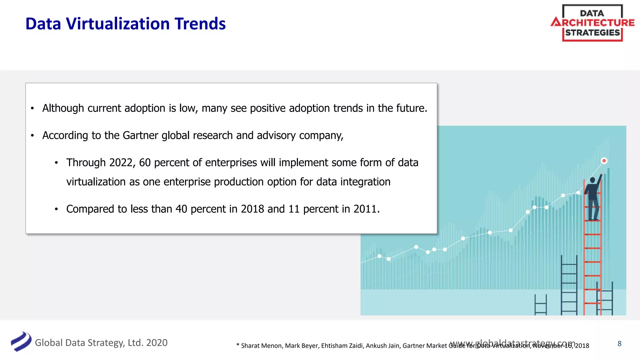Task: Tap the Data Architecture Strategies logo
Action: click(592, 23)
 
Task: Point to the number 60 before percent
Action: click(145, 162)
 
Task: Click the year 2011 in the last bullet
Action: click(365, 209)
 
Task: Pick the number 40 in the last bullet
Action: click(181, 209)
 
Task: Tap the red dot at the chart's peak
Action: click(604, 161)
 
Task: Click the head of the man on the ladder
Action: click(592, 180)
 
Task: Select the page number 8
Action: click(619, 343)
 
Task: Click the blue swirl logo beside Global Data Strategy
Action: click(21, 342)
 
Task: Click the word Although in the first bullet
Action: click(63, 108)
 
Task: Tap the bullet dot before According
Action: click(32, 136)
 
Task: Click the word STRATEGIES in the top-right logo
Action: click(592, 33)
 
